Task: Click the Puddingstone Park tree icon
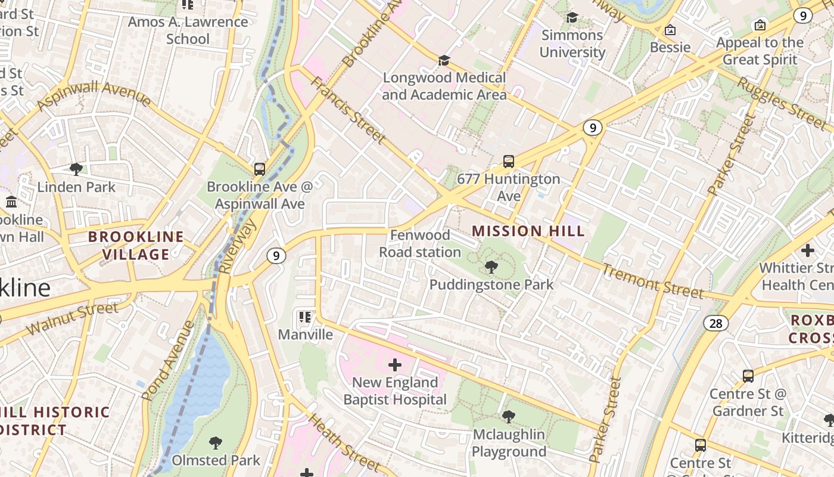491,267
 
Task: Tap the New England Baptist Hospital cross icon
394,364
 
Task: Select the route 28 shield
715,323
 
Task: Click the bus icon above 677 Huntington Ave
508,161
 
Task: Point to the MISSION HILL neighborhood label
528,231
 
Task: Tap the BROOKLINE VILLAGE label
136,245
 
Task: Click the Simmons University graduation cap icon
572,17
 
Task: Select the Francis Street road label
348,110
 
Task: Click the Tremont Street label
652,280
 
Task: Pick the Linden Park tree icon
76,169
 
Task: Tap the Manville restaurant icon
305,317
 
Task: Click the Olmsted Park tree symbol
216,443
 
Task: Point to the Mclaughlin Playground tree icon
508,416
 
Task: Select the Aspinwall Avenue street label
94,95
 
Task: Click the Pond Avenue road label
168,360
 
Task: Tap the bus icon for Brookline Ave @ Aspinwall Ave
260,169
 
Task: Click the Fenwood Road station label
420,244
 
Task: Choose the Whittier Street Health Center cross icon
807,250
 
